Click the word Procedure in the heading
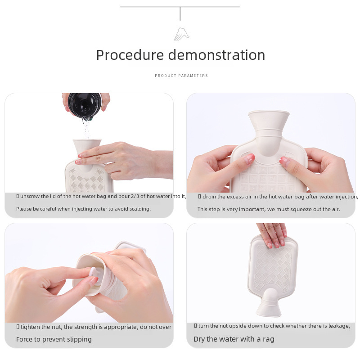click(x=130, y=55)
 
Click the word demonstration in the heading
click(x=217, y=55)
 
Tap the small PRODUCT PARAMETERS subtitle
click(x=181, y=76)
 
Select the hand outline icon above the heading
click(x=181, y=34)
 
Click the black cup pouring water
click(x=85, y=105)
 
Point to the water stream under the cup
click(x=86, y=128)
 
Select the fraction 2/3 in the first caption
click(x=134, y=196)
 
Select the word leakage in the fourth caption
click(x=339, y=326)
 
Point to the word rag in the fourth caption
click(x=269, y=340)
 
